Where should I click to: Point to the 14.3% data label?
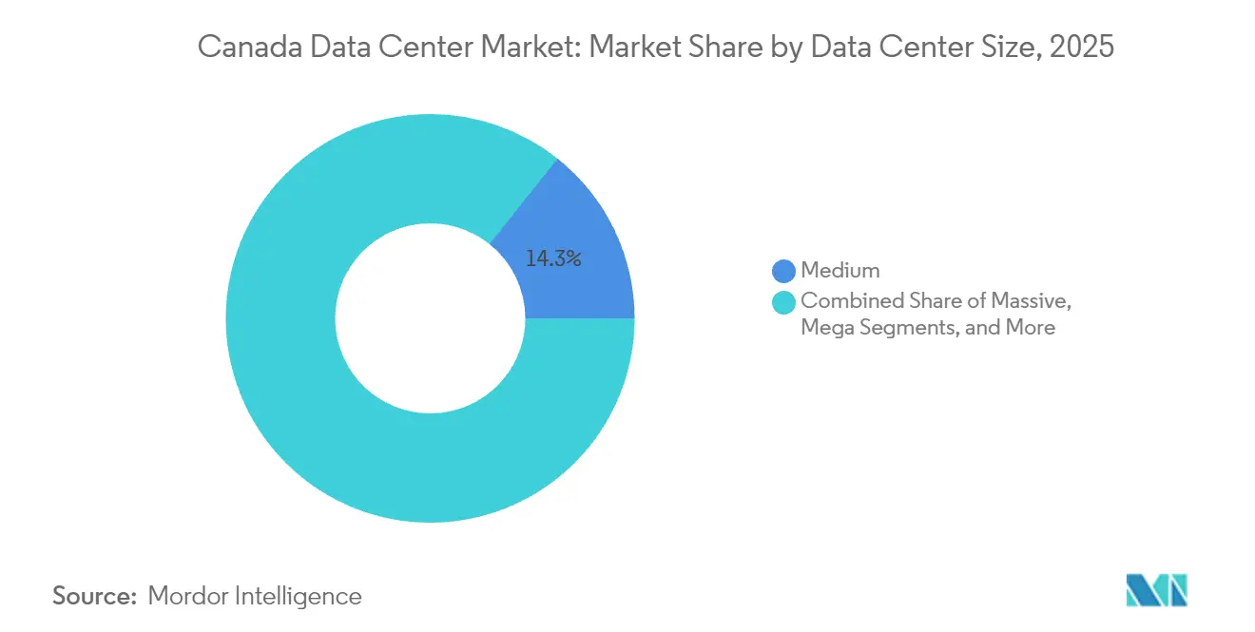553,258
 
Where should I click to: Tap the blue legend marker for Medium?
783,271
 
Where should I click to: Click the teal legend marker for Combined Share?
783,302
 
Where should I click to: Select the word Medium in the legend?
840,271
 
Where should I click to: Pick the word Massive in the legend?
1033,301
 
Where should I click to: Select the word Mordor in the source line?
187,596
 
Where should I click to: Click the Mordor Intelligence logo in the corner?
1156,590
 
